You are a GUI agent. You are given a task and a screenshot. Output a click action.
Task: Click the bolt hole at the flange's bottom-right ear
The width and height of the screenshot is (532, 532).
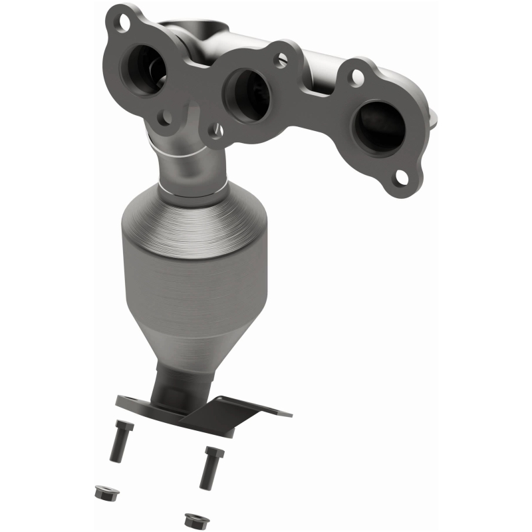tap(401, 177)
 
